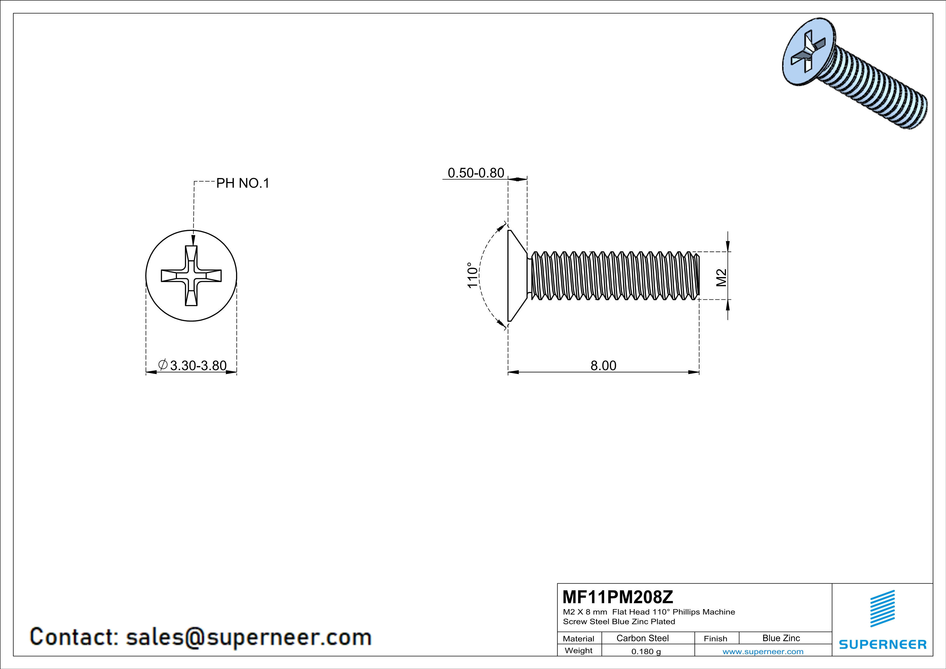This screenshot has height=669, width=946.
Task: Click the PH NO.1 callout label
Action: pyautogui.click(x=243, y=183)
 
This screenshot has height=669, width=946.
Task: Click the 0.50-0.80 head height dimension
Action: pyautogui.click(x=476, y=173)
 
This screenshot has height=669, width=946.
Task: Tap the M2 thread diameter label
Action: pyautogui.click(x=721, y=277)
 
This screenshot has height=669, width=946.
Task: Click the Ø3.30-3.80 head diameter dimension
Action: pyautogui.click(x=192, y=366)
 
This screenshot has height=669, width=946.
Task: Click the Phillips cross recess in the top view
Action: pyautogui.click(x=191, y=276)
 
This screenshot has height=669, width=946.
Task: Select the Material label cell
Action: pyautogui.click(x=579, y=639)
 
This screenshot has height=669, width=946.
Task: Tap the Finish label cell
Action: pyautogui.click(x=715, y=639)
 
